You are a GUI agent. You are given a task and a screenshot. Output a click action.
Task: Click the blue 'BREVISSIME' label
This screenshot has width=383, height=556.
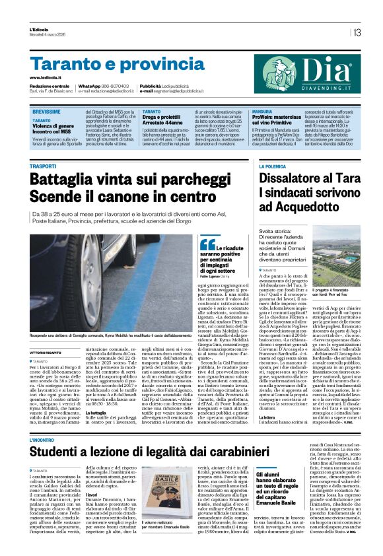click(48, 113)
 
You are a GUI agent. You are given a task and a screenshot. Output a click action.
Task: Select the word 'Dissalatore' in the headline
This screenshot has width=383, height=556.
click(295, 178)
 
